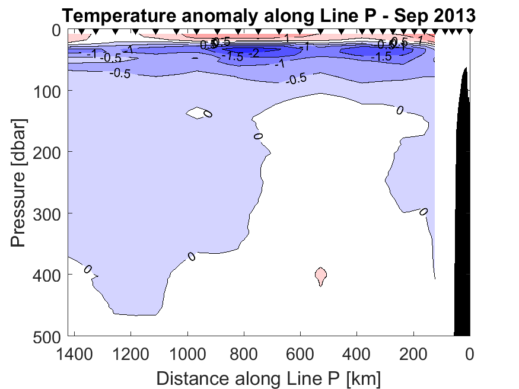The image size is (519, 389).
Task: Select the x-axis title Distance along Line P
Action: tap(269, 378)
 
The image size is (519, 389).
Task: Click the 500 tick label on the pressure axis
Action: tap(50, 336)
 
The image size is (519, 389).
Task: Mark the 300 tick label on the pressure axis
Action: tap(50, 213)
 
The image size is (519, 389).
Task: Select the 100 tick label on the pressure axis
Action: tap(50, 91)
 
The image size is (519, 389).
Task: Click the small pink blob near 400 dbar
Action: tap(320, 275)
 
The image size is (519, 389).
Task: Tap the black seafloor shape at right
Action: tap(463, 237)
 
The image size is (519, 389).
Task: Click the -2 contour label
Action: tap(253, 53)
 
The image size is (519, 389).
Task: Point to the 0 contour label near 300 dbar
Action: tap(424, 212)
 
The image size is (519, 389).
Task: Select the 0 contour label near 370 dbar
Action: tap(192, 256)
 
